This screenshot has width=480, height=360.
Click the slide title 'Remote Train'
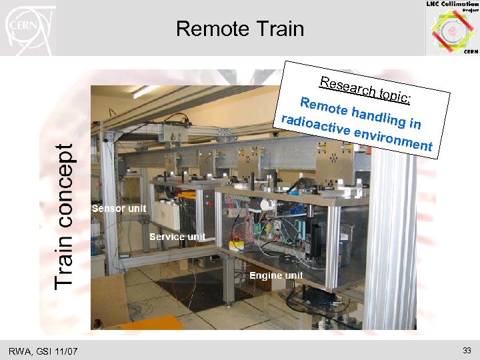[239, 29]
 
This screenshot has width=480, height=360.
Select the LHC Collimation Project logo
[452, 28]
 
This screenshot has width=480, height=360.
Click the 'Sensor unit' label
[119, 209]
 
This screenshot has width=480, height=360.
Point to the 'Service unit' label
[177, 237]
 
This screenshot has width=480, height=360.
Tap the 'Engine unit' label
[276, 275]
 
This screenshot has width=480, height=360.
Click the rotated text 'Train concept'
[65, 217]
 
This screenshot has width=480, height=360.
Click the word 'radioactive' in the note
[316, 127]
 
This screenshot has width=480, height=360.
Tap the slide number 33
[466, 350]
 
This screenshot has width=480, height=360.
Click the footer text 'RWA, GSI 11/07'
[43, 351]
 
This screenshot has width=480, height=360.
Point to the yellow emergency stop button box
[236, 245]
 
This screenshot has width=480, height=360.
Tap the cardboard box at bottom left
[109, 300]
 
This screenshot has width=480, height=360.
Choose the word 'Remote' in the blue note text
[324, 107]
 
